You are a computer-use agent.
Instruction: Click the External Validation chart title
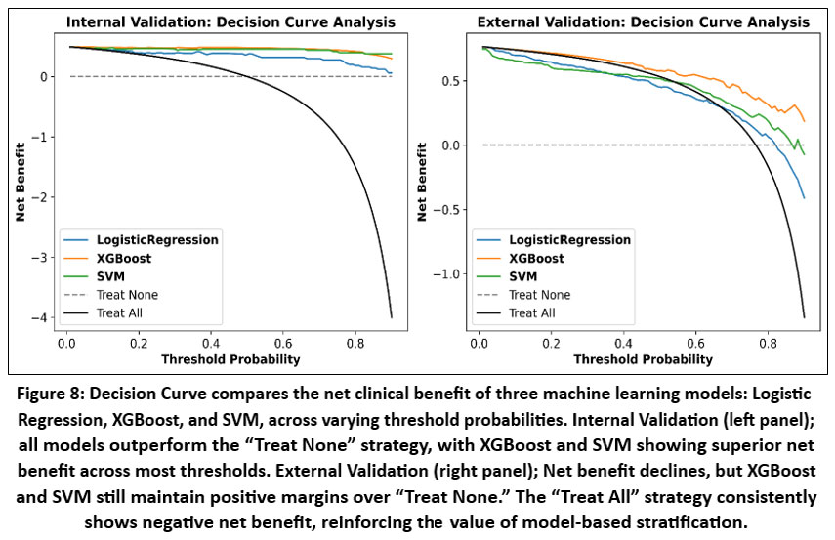(642, 21)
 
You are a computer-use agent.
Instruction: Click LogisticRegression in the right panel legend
(569, 240)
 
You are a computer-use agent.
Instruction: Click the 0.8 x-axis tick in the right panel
(768, 344)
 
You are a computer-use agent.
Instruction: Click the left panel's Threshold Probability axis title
(230, 358)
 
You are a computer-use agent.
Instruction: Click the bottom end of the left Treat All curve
(392, 317)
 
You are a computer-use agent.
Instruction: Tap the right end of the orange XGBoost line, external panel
(804, 121)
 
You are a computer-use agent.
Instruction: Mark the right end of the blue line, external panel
(804, 198)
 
